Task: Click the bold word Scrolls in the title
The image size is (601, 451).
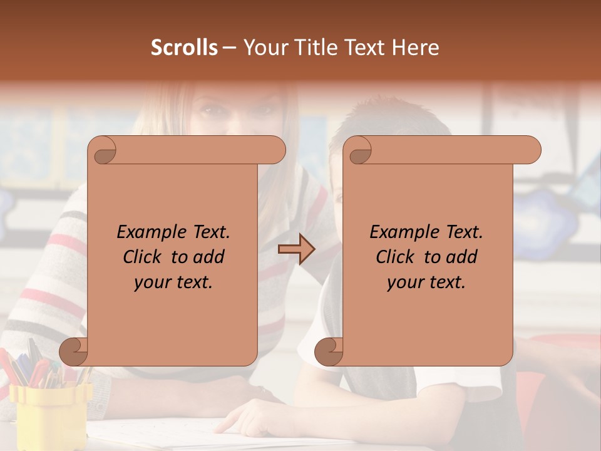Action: pyautogui.click(x=184, y=48)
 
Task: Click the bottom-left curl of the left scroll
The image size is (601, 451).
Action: pyautogui.click(x=74, y=351)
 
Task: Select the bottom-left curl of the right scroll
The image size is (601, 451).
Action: pyautogui.click(x=329, y=351)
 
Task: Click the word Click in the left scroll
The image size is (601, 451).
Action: pyautogui.click(x=144, y=257)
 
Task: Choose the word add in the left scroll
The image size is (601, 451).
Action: pyautogui.click(x=210, y=257)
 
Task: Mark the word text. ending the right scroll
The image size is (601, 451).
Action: pyautogui.click(x=449, y=282)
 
